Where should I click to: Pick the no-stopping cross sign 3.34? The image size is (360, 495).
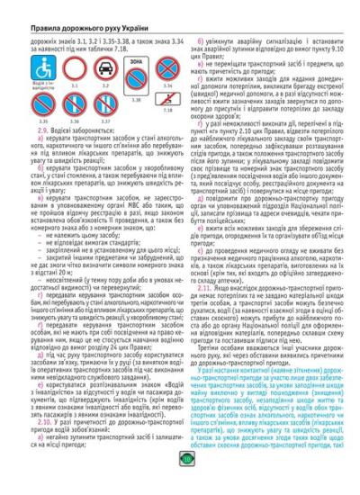click(166, 68)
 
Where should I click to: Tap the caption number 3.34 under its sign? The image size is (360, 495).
click(166, 85)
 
